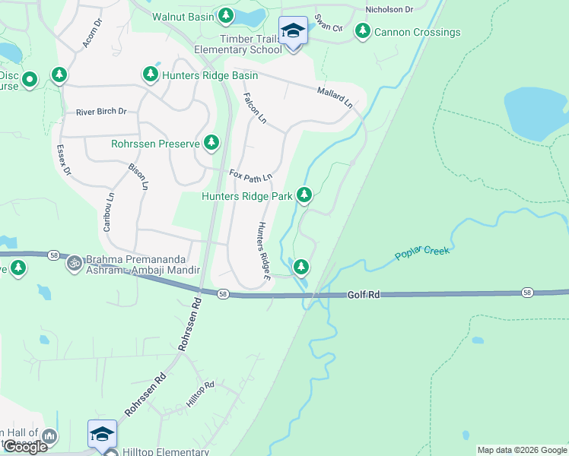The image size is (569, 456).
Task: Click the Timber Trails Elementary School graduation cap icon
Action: tap(293, 31)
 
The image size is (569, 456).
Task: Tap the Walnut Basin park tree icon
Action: tap(226, 15)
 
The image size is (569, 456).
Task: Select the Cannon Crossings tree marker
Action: tap(363, 31)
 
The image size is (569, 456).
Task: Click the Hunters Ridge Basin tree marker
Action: tap(150, 74)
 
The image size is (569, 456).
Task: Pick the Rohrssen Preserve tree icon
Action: tap(211, 142)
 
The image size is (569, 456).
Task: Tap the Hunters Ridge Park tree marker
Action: tap(304, 195)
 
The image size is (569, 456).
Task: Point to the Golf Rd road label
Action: tap(364, 294)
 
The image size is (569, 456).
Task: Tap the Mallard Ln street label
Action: tap(335, 97)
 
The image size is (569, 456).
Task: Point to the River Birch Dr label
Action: tap(101, 112)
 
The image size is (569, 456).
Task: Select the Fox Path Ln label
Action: tap(251, 176)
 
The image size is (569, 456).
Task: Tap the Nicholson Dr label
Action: tap(389, 10)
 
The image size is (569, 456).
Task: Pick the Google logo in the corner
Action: tap(25, 447)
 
